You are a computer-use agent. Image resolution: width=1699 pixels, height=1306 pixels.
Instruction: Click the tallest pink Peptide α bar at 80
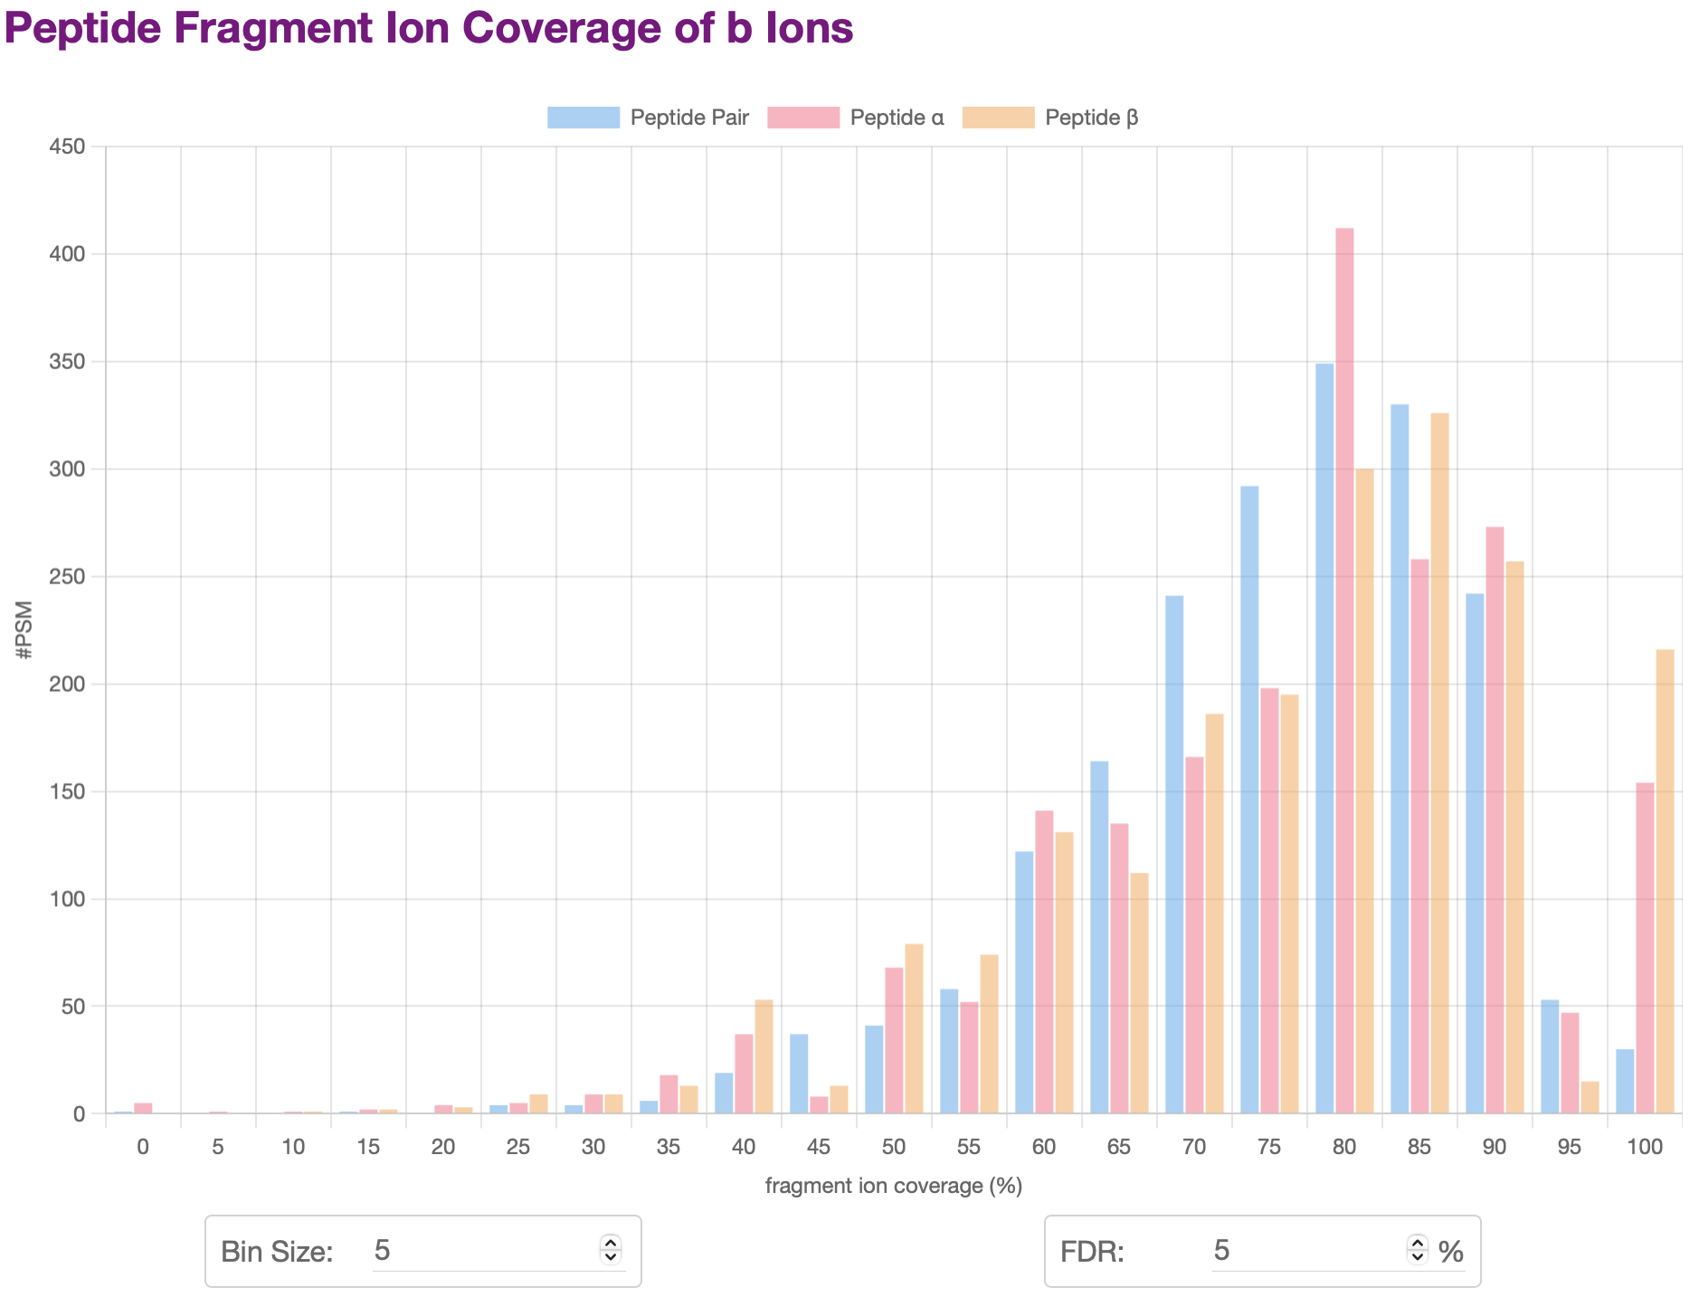pyautogui.click(x=1344, y=669)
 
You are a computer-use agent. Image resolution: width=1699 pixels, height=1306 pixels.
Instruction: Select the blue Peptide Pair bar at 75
pyautogui.click(x=1249, y=800)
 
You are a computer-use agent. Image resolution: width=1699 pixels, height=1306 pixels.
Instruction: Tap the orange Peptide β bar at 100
pyautogui.click(x=1665, y=881)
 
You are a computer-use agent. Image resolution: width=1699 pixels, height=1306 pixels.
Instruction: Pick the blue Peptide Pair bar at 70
pyautogui.click(x=1174, y=854)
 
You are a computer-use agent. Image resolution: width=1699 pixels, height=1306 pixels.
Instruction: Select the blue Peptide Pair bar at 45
pyautogui.click(x=799, y=1074)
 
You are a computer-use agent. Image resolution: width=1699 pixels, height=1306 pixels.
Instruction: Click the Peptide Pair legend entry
pyautogui.click(x=648, y=118)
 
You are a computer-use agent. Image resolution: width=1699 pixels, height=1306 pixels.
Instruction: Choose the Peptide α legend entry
pyautogui.click(x=855, y=118)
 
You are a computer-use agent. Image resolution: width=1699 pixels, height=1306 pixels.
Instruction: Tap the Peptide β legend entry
pyautogui.click(x=1050, y=118)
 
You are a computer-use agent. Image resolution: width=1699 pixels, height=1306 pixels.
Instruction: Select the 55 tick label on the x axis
pyautogui.click(x=968, y=1148)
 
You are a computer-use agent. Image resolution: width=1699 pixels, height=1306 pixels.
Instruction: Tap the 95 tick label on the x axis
pyautogui.click(x=1569, y=1148)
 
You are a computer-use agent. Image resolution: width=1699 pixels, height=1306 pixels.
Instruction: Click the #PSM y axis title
pyautogui.click(x=24, y=629)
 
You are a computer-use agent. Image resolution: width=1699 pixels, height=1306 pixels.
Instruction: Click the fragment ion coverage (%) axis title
pyautogui.click(x=893, y=1186)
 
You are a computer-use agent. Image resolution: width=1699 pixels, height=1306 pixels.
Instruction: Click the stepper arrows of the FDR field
pyautogui.click(x=1417, y=1250)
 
